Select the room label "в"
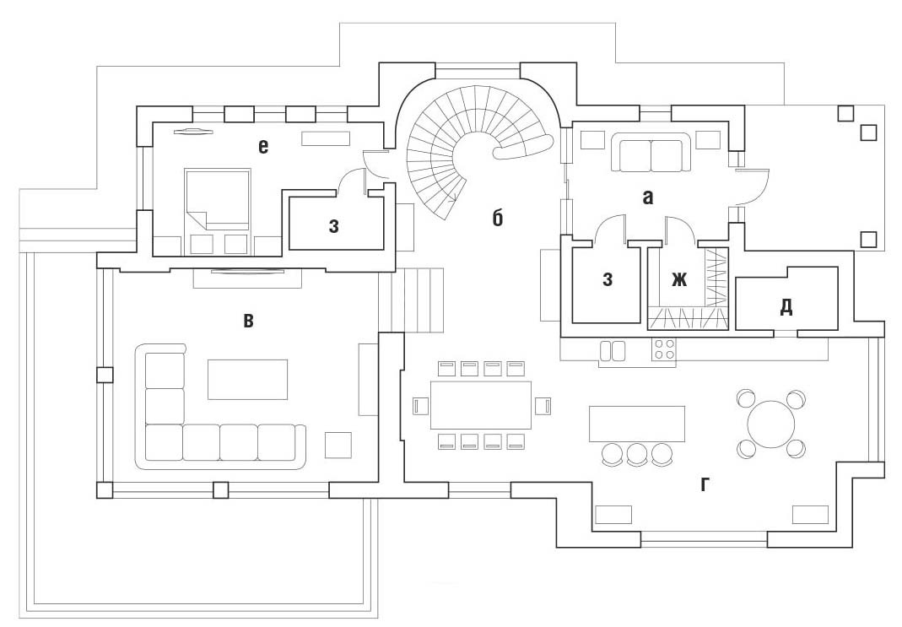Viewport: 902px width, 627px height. [247, 321]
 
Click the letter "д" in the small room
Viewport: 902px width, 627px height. [786, 305]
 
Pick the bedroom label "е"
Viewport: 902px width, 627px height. [263, 148]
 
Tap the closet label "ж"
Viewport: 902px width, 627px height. [679, 280]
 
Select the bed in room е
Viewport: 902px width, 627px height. [218, 199]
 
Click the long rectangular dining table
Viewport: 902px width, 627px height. [481, 406]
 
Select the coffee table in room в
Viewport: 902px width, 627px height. [247, 379]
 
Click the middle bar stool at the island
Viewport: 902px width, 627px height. [637, 455]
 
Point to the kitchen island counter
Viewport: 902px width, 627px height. [636, 424]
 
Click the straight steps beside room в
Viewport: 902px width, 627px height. [418, 300]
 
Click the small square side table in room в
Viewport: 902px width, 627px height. [338, 445]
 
